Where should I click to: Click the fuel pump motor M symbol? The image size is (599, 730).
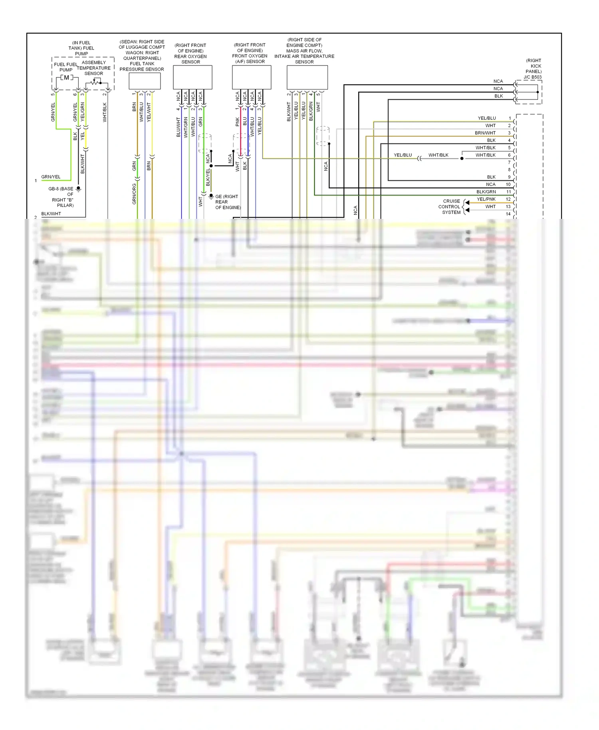coord(66,77)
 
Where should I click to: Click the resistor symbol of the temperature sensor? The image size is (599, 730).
coord(95,82)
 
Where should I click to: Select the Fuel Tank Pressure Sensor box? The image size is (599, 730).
coord(145,81)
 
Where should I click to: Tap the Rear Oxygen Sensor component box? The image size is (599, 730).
coord(192,77)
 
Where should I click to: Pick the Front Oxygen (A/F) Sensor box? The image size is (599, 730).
coord(252,77)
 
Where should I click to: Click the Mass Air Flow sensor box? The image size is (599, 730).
coord(307,77)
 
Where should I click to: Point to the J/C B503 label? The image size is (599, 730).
coord(533,77)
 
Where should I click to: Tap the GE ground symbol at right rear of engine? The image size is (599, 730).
coord(211,196)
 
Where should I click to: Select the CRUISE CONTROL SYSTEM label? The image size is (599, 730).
coord(450,206)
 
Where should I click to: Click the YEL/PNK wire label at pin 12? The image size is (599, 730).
coord(486,199)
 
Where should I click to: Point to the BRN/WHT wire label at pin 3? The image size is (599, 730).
coord(485,133)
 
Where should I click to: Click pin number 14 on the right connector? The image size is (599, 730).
coord(508,214)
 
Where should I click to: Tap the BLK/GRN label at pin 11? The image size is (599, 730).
coord(486,192)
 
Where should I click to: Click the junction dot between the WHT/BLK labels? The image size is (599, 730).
coord(462,159)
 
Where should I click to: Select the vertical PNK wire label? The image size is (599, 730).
coord(237,121)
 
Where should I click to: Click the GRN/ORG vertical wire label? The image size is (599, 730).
coord(134,194)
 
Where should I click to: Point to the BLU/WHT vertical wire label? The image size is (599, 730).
coord(178,127)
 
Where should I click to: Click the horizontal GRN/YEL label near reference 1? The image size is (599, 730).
coord(51,177)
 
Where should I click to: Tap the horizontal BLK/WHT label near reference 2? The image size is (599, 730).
coord(51,214)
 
